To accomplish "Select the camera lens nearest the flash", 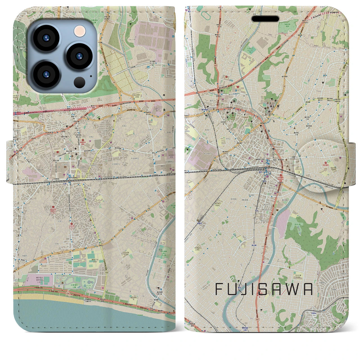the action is [x=78, y=56].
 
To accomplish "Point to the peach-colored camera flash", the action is [x=79, y=31].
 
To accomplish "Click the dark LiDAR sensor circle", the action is [x=79, y=82].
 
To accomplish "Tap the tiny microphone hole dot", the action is [x=91, y=76].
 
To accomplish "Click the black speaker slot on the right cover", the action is [x=265, y=19].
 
